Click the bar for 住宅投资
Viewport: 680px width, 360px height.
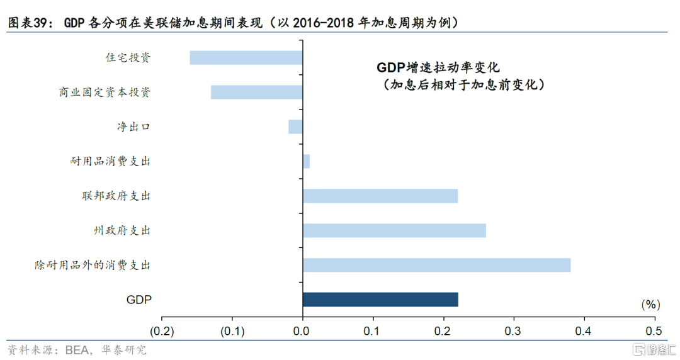coord(246,58)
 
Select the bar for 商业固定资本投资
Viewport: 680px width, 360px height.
coord(257,92)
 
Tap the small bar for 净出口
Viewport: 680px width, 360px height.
coord(295,127)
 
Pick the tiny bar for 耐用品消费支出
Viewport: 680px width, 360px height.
coord(306,161)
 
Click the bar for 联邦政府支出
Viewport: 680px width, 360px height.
coord(380,196)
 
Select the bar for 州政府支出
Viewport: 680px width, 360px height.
coord(394,231)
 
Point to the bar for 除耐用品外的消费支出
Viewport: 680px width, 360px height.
coord(437,265)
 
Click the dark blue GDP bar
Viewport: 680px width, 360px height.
coord(380,300)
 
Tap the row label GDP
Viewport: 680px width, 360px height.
coord(139,300)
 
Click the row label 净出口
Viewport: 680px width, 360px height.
coord(133,127)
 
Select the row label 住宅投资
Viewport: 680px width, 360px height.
coord(128,57)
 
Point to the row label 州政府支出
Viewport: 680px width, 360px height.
coord(122,230)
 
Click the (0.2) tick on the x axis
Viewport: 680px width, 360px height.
coord(162,332)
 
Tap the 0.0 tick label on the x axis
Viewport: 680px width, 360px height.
coord(301,332)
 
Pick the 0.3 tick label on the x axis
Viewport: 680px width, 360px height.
coord(513,332)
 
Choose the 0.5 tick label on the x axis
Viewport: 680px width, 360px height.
coord(654,332)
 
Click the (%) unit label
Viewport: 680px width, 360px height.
coord(650,305)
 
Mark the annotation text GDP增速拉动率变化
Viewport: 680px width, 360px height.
coord(438,68)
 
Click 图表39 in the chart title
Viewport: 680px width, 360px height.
coord(27,22)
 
